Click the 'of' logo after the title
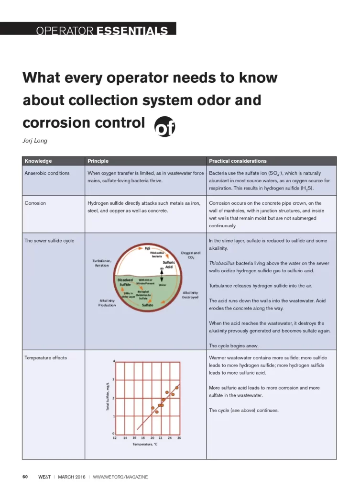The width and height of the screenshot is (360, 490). click(x=165, y=126)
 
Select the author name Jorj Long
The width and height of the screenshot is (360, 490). click(x=35, y=141)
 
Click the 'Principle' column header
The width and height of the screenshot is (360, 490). click(x=98, y=161)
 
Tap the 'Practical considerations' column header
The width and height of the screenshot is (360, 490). click(x=238, y=161)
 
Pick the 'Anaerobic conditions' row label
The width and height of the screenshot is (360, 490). click(x=47, y=173)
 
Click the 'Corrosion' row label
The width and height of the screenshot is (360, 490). click(x=35, y=203)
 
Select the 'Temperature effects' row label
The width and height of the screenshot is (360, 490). click(x=46, y=358)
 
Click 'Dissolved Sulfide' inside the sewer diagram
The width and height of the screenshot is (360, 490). click(x=125, y=282)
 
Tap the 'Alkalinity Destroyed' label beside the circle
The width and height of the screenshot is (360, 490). click(x=191, y=295)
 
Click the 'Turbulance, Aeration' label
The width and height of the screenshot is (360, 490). click(x=101, y=263)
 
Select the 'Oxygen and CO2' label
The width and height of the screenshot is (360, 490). click(x=191, y=255)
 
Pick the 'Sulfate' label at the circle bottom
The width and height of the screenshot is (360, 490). click(x=147, y=305)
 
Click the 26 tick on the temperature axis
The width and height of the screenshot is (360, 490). click(x=179, y=438)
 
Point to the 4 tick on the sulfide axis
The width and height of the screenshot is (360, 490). click(x=114, y=361)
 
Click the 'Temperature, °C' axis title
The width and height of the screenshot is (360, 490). click(x=145, y=445)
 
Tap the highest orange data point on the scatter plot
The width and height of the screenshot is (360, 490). click(x=177, y=388)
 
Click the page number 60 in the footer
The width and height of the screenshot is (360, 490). click(x=26, y=477)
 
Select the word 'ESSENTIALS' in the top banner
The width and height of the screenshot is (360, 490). click(x=132, y=32)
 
